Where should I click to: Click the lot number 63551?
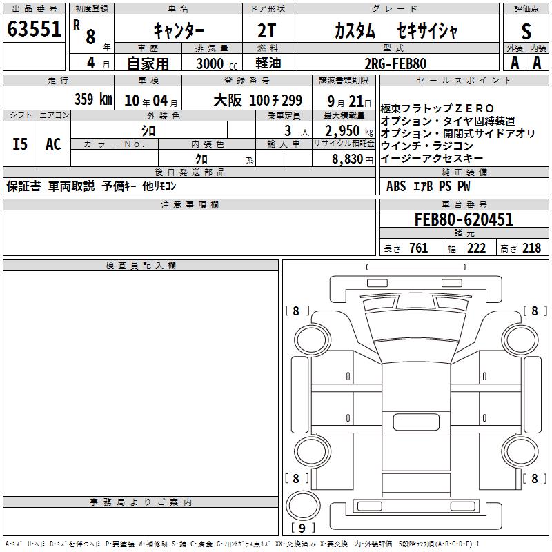34,29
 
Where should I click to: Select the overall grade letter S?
526,31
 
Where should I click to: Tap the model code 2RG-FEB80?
395,63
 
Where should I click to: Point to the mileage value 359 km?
93,99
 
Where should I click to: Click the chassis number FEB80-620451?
464,219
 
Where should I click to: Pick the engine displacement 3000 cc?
217,63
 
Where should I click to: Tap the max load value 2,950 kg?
349,130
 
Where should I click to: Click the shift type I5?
20,144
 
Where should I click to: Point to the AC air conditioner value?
53,144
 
